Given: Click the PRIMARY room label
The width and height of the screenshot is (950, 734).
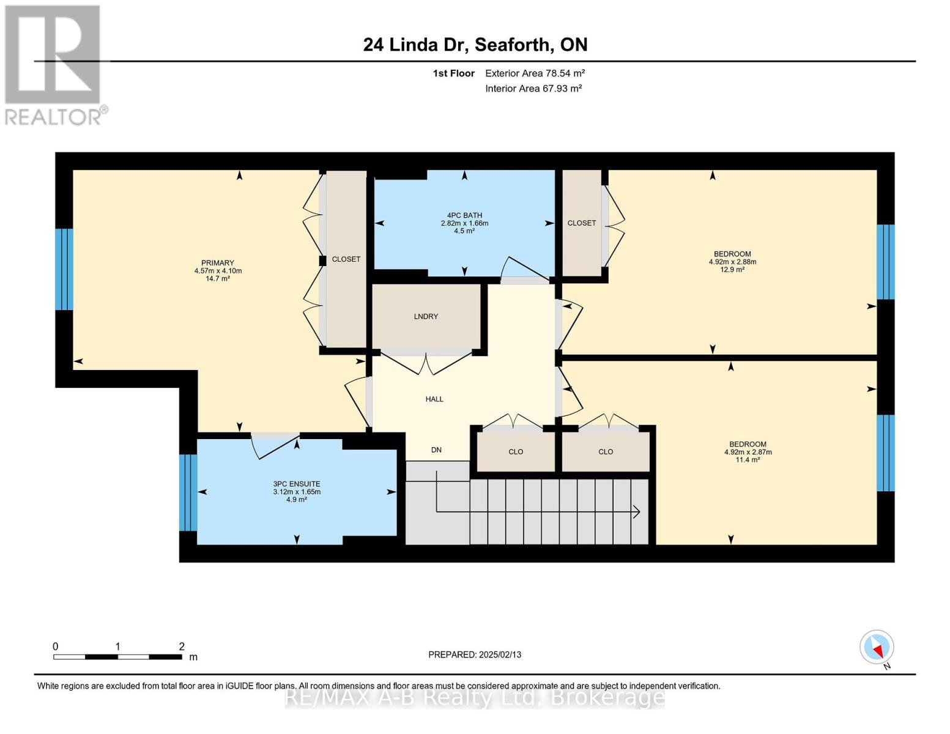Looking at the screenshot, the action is coord(217,263).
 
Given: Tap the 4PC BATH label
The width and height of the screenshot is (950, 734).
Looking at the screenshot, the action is coord(464,215).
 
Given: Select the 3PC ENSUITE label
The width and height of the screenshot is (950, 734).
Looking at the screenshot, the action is coord(297,484).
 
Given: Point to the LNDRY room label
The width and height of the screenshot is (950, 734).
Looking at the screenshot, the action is coord(425,316).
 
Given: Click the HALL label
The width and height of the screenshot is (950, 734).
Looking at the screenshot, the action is coord(434,399).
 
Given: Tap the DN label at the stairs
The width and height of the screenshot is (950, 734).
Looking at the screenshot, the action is coord(436,450).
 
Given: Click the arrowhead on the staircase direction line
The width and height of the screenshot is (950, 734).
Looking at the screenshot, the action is coord(637,511).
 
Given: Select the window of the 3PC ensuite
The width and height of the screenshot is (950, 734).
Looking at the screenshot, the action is coord(188,492).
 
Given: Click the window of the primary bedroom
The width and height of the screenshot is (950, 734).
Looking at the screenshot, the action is coord(64,269).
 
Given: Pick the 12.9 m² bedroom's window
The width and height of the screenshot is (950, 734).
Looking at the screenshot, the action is coord(886,262).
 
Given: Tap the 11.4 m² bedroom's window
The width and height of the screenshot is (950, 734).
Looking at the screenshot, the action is coord(886,453).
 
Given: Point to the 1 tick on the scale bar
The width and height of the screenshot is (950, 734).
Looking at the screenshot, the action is coord(117,646).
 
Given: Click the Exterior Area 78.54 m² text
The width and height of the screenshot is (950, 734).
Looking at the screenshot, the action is coord(535,73).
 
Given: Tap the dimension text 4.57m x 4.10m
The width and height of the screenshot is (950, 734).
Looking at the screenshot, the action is coord(218,270).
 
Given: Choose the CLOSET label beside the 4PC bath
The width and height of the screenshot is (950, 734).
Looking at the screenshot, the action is coord(582,223).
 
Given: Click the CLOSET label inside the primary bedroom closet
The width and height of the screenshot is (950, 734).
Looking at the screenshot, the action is coord(346,259).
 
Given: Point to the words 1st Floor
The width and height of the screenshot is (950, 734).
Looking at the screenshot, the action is coord(453,73).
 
